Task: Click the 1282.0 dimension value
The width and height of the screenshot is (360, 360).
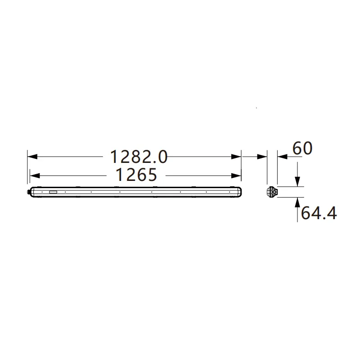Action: click(139, 157)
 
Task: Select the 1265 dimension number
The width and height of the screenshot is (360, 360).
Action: click(136, 175)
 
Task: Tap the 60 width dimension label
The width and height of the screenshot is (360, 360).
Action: click(302, 148)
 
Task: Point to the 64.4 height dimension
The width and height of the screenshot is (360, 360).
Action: click(319, 213)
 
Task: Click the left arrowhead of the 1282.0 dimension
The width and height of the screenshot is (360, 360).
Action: click(32, 157)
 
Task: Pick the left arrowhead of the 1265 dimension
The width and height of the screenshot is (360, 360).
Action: click(35, 176)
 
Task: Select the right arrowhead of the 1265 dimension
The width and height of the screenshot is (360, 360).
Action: click(236, 176)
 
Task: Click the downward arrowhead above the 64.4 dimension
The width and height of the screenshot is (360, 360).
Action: click(297, 182)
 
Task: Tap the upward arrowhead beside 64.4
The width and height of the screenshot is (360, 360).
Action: click(297, 202)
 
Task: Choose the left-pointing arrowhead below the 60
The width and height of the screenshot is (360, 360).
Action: click(283, 157)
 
